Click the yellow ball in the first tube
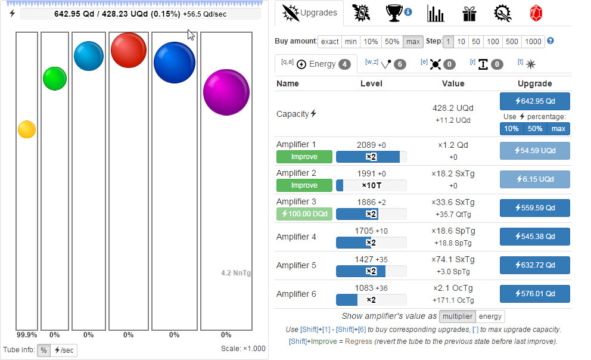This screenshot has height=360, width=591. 27,129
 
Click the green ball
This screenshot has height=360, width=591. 55,79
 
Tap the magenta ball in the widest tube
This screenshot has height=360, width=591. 226,92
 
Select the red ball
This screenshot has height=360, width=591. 129,50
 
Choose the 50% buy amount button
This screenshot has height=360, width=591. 391,42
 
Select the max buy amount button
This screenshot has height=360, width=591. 412,42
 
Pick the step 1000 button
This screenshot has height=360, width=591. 533,42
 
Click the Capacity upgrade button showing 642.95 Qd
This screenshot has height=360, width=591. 534,101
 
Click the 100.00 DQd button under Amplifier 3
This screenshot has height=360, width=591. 304,214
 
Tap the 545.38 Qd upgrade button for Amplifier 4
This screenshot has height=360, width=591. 534,237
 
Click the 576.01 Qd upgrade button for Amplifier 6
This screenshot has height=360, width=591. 534,294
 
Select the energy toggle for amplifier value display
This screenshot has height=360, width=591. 491,316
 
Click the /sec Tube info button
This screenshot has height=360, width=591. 64,350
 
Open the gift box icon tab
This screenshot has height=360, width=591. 470,13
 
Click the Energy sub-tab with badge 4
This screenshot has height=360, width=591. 316,64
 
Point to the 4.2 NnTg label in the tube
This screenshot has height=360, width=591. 236,273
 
